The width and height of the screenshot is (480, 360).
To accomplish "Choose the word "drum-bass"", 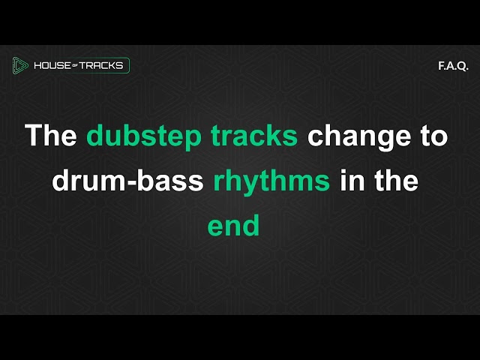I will [128, 181].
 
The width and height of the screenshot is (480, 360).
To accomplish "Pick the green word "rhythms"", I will [272, 181].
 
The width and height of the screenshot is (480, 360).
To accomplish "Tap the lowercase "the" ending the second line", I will [395, 181].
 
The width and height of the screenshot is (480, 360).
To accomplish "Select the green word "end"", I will [234, 226].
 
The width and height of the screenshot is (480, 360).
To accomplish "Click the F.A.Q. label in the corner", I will [453, 66].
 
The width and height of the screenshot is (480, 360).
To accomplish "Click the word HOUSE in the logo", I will [52, 66].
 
